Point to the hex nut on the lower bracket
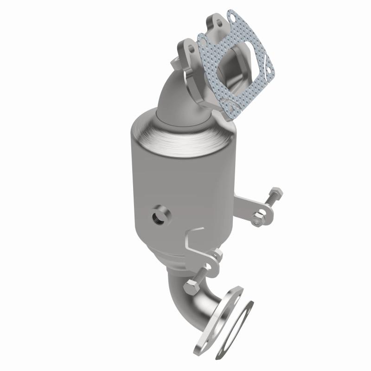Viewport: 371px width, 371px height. coord(216,255)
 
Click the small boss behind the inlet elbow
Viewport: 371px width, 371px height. coord(175,61)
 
